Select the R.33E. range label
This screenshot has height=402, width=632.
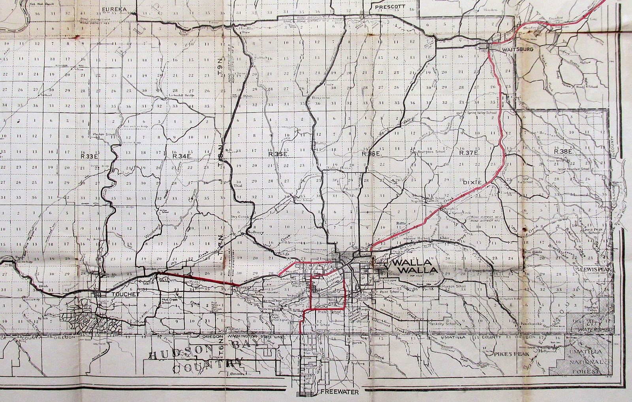[85, 156]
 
